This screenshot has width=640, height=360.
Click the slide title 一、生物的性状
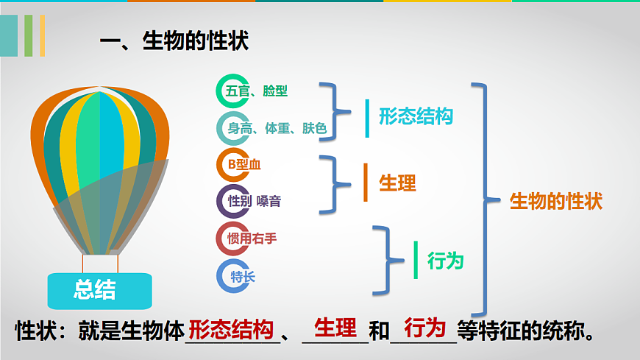tap(174, 40)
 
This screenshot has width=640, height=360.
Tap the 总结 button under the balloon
tap(96, 289)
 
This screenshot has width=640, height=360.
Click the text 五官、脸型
tap(257, 91)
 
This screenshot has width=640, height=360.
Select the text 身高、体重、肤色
tap(277, 129)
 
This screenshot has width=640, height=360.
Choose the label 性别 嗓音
tap(254, 200)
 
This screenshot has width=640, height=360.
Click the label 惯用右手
tap(252, 238)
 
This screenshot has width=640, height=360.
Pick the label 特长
tap(243, 277)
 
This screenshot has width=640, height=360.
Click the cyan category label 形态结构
tap(416, 116)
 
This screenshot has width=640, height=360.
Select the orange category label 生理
tap(397, 183)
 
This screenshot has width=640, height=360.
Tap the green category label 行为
tap(446, 260)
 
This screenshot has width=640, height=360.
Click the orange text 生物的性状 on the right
tap(556, 201)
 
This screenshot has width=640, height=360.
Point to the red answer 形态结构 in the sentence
tap(232, 329)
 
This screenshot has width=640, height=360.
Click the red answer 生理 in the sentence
tap(335, 327)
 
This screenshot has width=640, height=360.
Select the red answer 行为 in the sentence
tap(425, 327)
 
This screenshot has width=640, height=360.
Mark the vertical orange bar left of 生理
tap(365, 183)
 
